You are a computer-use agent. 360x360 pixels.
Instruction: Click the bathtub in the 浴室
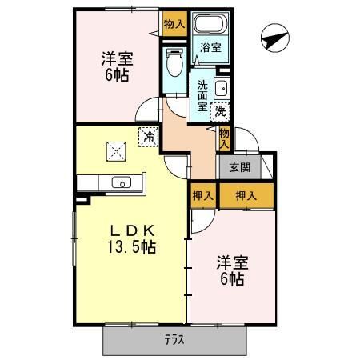point(210,23)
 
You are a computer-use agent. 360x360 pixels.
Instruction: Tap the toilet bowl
point(174,62)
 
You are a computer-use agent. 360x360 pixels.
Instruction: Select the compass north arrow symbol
point(275,38)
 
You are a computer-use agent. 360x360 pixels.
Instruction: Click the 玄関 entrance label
point(240,167)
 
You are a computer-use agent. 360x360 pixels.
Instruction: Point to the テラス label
point(174,340)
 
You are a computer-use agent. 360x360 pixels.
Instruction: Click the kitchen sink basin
point(122,182)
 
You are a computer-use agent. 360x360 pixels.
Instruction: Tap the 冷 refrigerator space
point(149,137)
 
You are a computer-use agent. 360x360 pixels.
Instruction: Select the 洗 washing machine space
point(220,112)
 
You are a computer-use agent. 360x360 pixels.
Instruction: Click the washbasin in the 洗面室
point(222,88)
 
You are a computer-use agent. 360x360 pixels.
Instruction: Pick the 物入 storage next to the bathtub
point(174,24)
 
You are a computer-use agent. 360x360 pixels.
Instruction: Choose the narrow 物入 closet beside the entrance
point(224,138)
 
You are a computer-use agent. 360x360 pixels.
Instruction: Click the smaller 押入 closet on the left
point(203,196)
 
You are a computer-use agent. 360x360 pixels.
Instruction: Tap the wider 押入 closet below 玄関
point(246,196)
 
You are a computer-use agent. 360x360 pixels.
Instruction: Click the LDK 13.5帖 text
point(132,239)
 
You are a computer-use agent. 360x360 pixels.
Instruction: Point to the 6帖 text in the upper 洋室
point(117,75)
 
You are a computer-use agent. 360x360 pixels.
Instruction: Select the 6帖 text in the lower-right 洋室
point(232,279)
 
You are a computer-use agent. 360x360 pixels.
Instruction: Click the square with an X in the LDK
point(116,151)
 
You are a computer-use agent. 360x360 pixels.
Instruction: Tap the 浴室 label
point(210,48)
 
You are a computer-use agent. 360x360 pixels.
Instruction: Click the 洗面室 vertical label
point(202,96)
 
